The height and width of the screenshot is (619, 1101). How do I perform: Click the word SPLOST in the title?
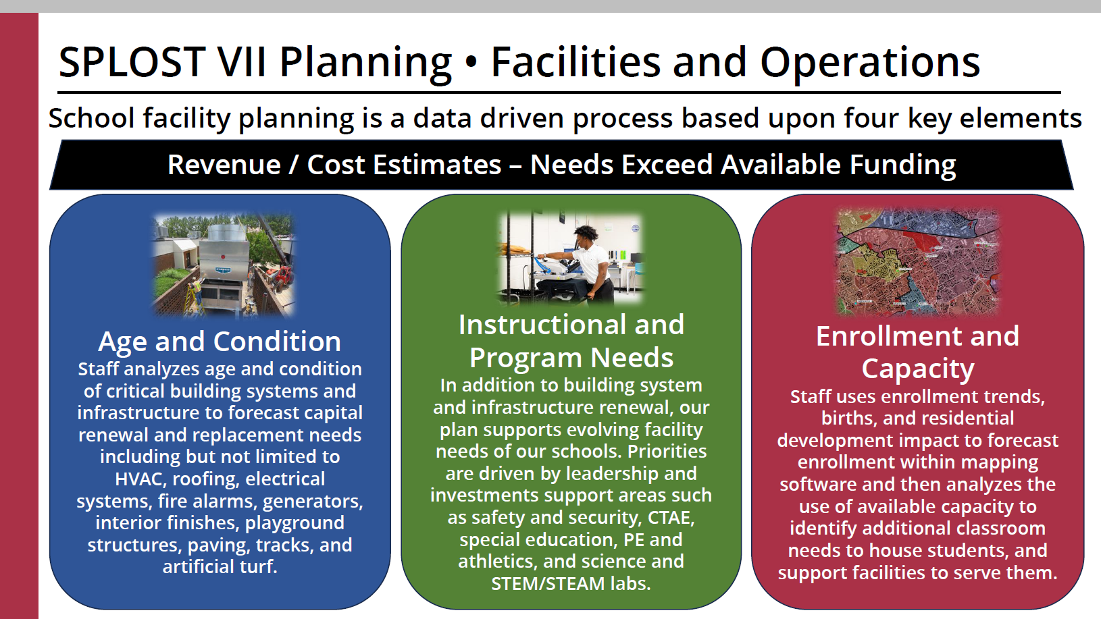132,62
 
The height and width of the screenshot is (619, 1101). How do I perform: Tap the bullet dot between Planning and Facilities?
471,62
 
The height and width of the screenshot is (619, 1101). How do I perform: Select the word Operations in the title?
870,62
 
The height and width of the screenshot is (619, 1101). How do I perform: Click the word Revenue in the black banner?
224,164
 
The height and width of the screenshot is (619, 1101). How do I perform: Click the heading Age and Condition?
220,341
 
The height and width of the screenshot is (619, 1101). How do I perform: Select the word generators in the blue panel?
313,502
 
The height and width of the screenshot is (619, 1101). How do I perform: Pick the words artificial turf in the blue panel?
220,567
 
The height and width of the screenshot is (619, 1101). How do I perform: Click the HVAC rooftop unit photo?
224,265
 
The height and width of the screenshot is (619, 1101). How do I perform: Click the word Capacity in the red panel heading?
918,369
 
